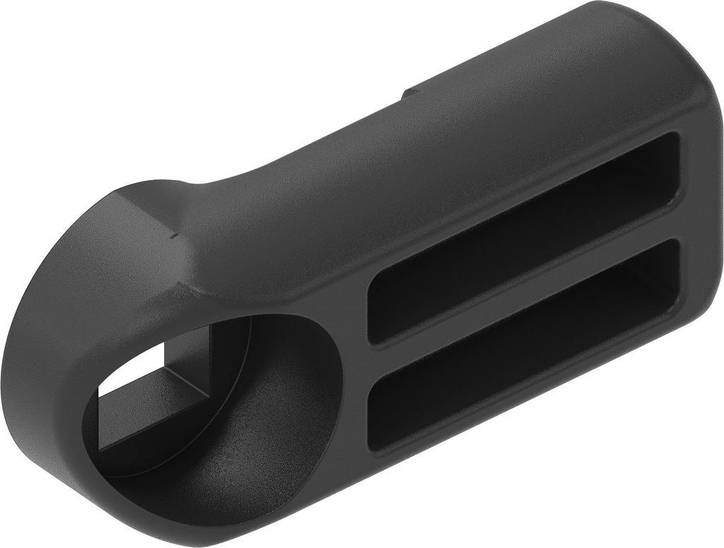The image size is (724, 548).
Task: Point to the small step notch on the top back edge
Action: pyautogui.click(x=409, y=93)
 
